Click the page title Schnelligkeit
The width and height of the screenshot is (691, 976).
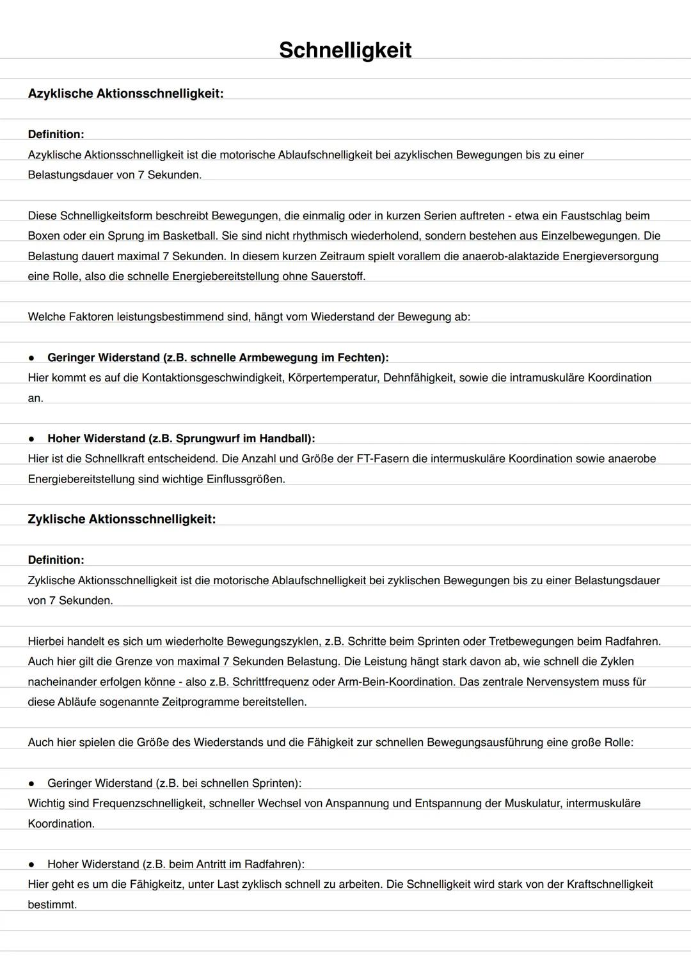tap(345, 50)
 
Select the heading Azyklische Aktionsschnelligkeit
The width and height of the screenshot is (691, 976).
tap(125, 93)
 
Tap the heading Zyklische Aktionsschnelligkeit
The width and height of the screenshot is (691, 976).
tap(122, 519)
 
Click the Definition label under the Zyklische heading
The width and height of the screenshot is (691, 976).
tap(56, 560)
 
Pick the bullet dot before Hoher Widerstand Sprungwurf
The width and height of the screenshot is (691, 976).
tap(31, 439)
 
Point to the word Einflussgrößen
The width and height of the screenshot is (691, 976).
tap(245, 479)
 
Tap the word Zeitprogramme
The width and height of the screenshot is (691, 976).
tap(202, 702)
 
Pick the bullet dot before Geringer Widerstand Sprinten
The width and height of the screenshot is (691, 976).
tap(31, 784)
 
